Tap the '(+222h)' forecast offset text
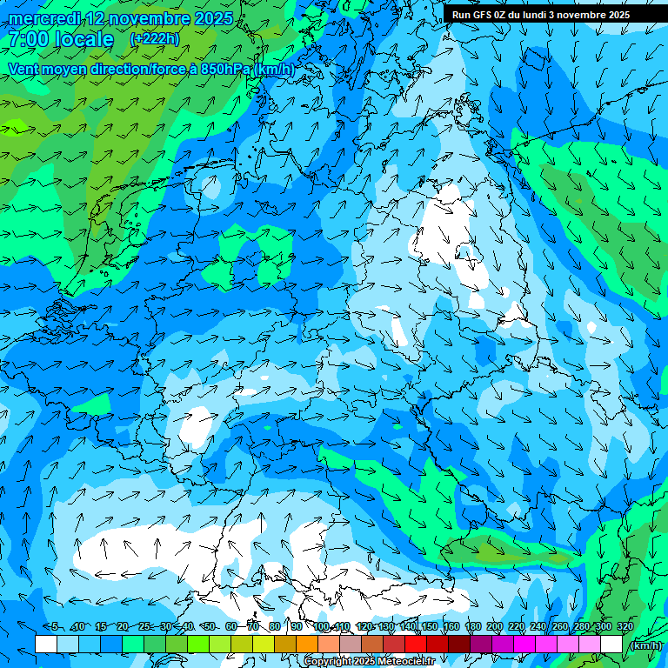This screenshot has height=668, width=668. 154,38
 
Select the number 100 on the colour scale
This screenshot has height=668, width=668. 322,626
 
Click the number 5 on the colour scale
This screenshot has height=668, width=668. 54,626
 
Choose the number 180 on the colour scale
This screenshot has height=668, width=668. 472,626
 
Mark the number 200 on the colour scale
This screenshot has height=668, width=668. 494,626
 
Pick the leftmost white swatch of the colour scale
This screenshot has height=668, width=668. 46,645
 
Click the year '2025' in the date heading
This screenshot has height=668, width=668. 209,18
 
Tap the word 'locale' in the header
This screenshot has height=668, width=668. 83,39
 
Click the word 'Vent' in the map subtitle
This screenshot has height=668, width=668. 25,69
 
